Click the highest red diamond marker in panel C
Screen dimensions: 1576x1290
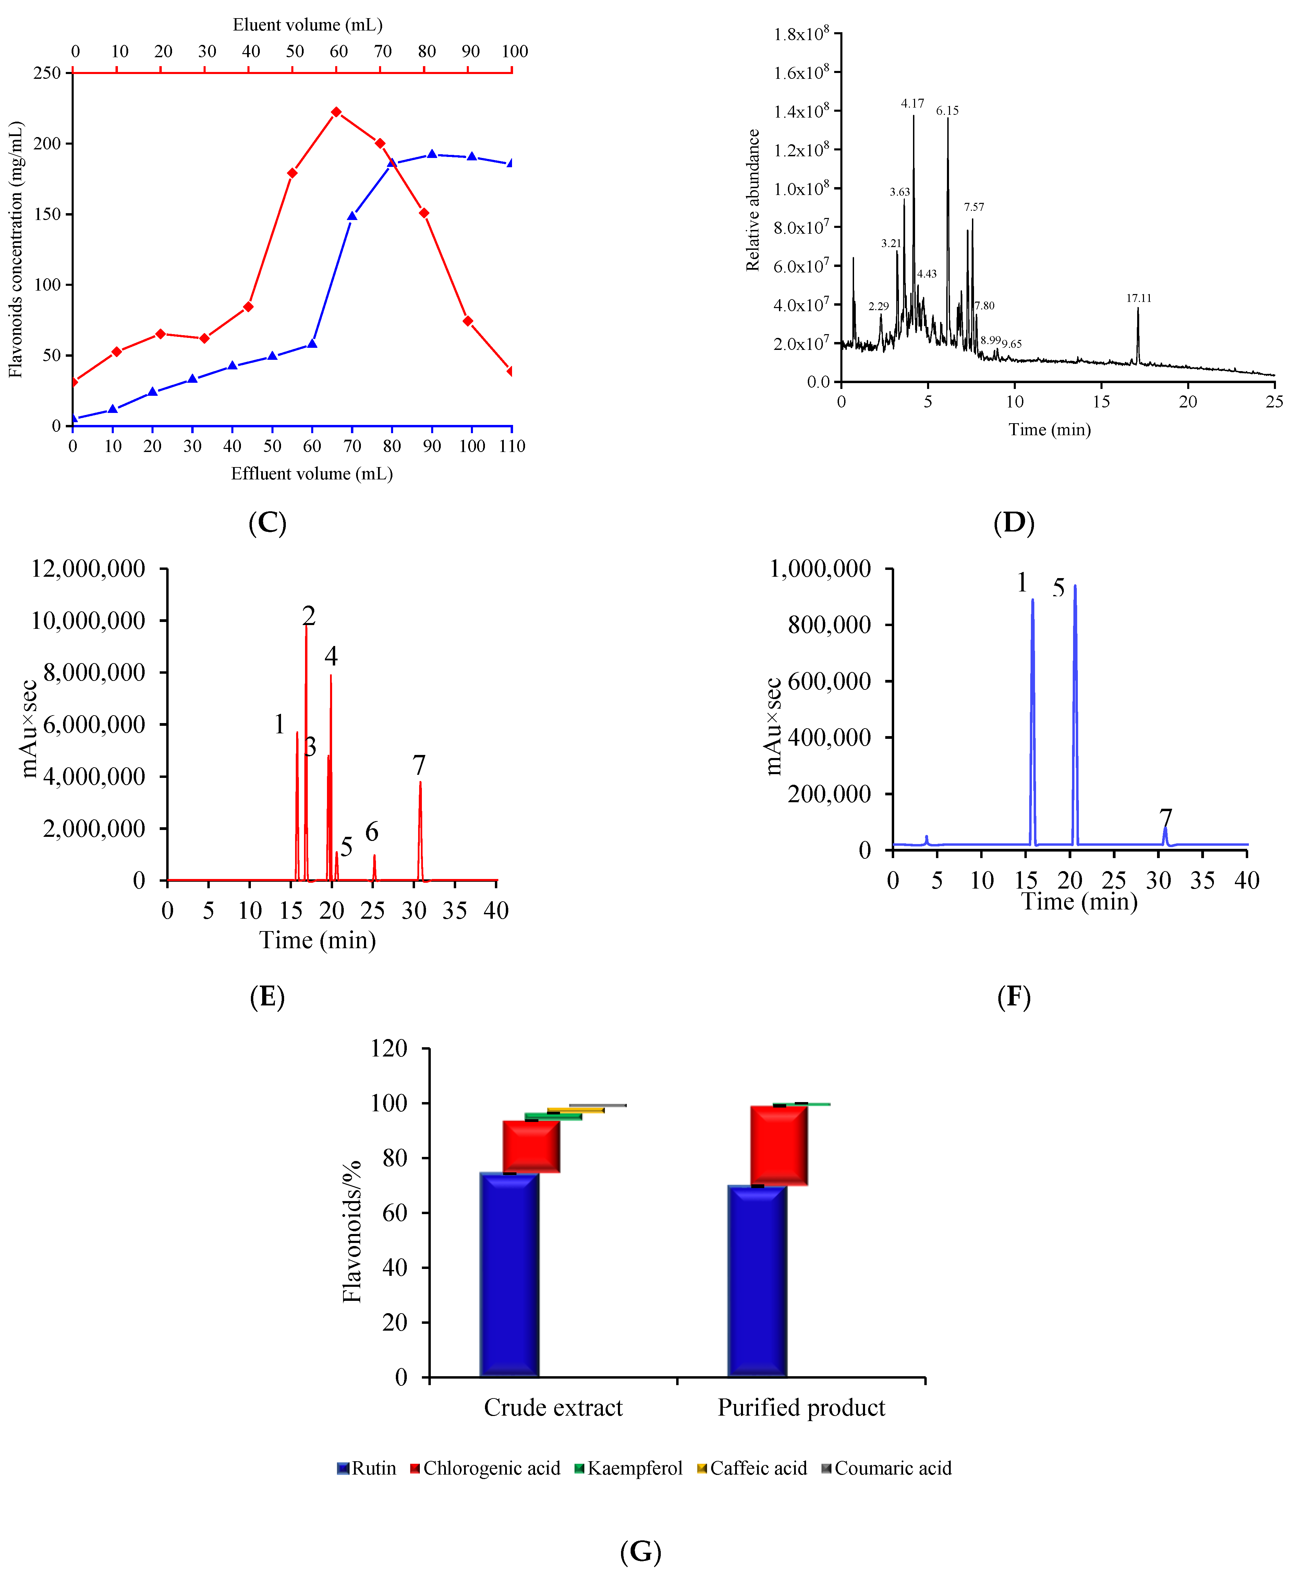click(336, 112)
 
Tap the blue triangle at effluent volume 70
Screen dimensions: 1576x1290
click(352, 216)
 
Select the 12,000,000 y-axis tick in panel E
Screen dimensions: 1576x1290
click(88, 569)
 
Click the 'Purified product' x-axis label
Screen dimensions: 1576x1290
click(801, 1407)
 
